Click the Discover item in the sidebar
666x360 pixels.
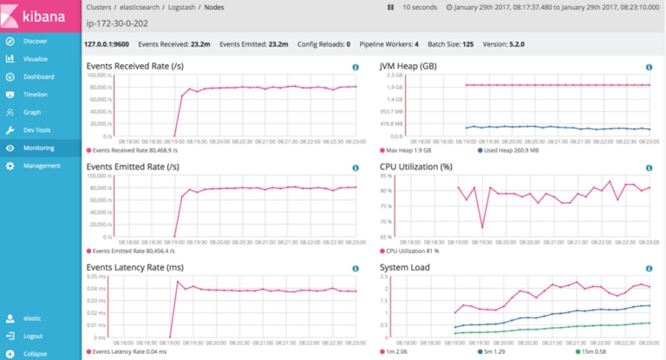[35, 41]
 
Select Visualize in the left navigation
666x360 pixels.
[36, 59]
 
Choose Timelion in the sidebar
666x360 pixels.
[36, 94]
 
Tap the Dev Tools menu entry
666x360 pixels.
[37, 129]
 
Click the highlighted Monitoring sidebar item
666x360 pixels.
[39, 147]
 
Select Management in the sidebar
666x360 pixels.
[41, 165]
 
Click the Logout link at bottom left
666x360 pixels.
[33, 336]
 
